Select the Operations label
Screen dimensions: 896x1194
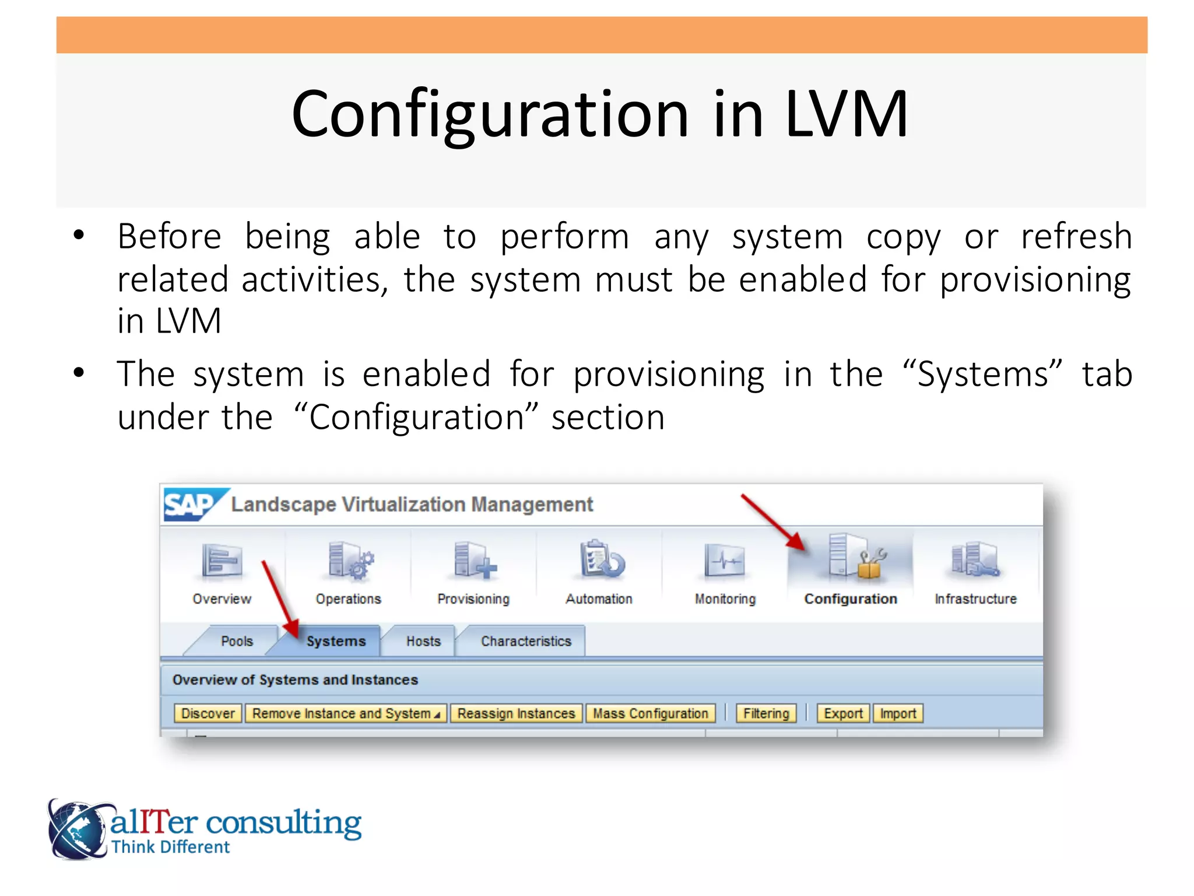pyautogui.click(x=348, y=599)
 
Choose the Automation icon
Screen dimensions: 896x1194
pyautogui.click(x=600, y=560)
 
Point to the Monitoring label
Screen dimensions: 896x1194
pyautogui.click(x=725, y=599)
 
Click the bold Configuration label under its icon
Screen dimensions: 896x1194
pyautogui.click(x=850, y=599)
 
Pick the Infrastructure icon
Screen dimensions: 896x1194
pyautogui.click(x=975, y=560)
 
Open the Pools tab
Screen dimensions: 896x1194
pyautogui.click(x=237, y=641)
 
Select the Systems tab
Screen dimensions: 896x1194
pyautogui.click(x=336, y=641)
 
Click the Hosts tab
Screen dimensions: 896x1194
pyautogui.click(x=423, y=641)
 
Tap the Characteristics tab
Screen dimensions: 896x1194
pyautogui.click(x=526, y=641)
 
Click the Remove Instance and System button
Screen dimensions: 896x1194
pyautogui.click(x=346, y=713)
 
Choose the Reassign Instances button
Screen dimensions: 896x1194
pyautogui.click(x=516, y=713)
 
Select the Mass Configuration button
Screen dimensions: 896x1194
pyautogui.click(x=651, y=713)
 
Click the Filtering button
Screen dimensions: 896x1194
pyautogui.click(x=765, y=713)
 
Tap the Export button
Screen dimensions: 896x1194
pyautogui.click(x=843, y=713)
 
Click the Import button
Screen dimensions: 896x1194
pyautogui.click(x=898, y=713)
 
